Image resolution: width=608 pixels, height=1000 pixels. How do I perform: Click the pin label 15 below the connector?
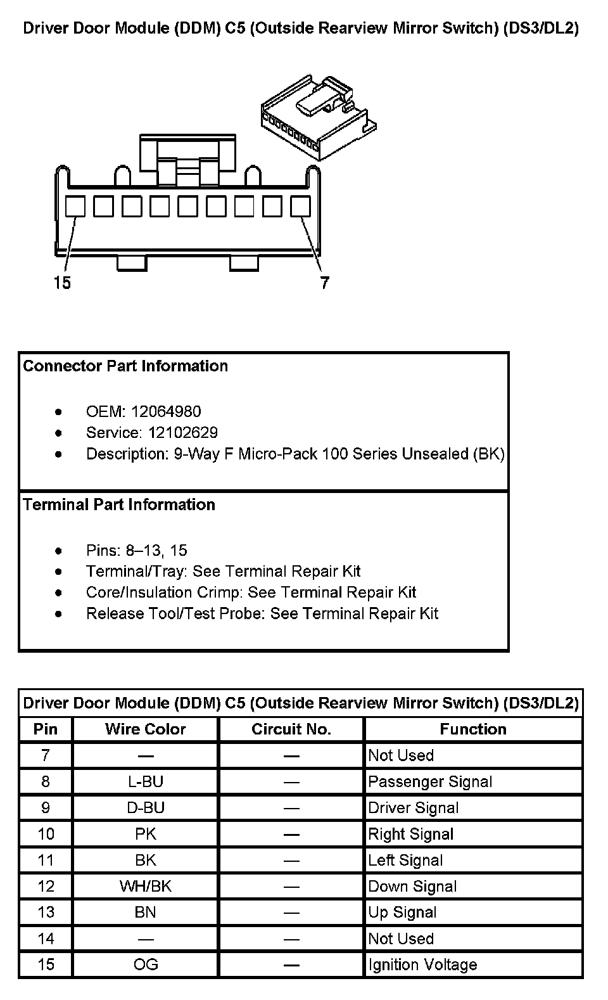[x=63, y=282]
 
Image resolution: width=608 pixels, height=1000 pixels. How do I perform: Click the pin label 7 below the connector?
[x=325, y=282]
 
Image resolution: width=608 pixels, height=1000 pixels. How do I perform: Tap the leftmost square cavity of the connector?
[x=75, y=206]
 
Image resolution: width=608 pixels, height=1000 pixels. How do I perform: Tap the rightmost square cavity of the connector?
[x=300, y=206]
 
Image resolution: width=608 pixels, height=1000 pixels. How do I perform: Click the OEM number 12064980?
[x=166, y=412]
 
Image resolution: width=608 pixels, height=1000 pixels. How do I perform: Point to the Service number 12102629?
[x=183, y=433]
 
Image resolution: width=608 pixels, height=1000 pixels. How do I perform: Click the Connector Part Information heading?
[x=125, y=366]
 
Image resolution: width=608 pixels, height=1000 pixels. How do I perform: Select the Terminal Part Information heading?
[x=119, y=505]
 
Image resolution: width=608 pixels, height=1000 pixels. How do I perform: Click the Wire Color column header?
[x=146, y=729]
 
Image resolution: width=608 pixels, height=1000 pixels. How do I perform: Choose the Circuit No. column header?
[x=291, y=729]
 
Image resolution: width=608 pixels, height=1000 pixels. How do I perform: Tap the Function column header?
[x=473, y=729]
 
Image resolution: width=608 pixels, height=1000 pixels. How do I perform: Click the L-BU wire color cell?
[x=146, y=782]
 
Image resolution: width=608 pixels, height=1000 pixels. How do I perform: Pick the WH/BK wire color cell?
[x=146, y=887]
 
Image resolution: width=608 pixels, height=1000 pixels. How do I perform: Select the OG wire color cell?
[x=146, y=965]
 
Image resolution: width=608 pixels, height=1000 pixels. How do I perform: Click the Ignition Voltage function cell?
[x=422, y=965]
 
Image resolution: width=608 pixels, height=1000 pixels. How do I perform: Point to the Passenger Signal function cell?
[x=430, y=782]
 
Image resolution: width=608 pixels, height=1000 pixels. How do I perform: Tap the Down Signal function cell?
[x=412, y=887]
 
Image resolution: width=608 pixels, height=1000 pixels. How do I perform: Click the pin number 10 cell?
[x=46, y=834]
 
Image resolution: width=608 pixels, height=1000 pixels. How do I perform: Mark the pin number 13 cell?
[x=46, y=913]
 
